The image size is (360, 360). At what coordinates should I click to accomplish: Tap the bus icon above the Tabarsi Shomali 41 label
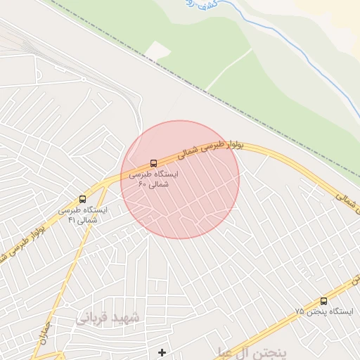[x=83, y=200]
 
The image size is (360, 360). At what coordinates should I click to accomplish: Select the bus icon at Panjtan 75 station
[x=323, y=300]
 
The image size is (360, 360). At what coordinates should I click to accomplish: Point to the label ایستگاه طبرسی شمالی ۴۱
[x=83, y=215]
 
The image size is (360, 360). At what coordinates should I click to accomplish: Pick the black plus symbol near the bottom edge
[x=162, y=352]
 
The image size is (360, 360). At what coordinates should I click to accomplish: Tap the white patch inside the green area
[x=157, y=51]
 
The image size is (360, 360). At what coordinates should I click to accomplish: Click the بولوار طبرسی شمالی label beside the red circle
[x=211, y=146]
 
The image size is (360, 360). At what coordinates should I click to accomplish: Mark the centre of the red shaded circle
[x=180, y=179]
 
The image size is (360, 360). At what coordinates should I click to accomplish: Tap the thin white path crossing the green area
[x=229, y=69]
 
